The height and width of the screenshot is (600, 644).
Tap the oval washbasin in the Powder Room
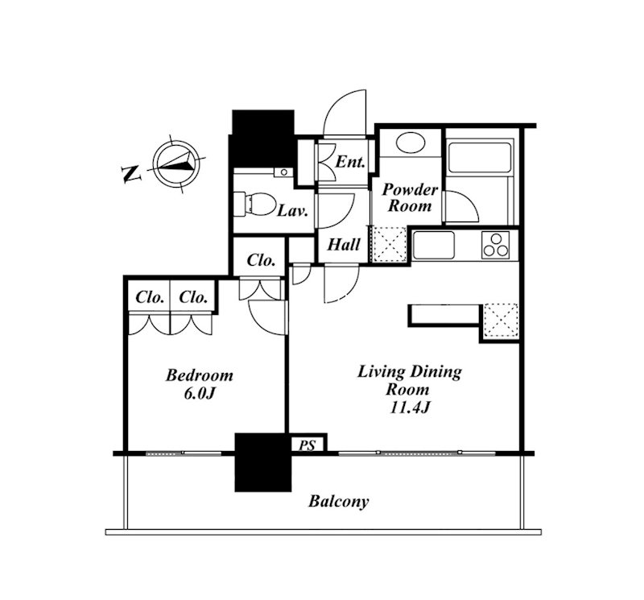pos(411,142)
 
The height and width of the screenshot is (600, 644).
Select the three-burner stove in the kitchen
pos(496,245)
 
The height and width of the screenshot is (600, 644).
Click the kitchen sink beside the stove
pos(434,246)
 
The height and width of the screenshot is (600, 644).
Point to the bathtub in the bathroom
pos(480,157)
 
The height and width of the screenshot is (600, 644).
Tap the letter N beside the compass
pos(131,174)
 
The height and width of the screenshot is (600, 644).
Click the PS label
pos(307,445)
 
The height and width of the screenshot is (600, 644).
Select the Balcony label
pos(339,502)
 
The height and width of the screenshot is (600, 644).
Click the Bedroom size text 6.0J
pos(200,394)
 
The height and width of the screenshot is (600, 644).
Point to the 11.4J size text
pos(410,408)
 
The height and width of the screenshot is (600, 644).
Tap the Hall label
pos(344,245)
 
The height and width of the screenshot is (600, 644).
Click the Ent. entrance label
pos(350,162)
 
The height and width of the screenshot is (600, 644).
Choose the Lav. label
pos(293,211)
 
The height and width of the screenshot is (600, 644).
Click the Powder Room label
pos(410,197)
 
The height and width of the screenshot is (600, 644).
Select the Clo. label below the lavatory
pos(261,260)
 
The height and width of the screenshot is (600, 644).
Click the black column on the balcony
pos(263,462)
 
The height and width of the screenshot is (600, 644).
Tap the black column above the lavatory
pos(262,139)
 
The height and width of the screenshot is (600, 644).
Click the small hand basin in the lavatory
pos(283,172)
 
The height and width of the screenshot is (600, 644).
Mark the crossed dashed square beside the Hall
pos(389,244)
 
